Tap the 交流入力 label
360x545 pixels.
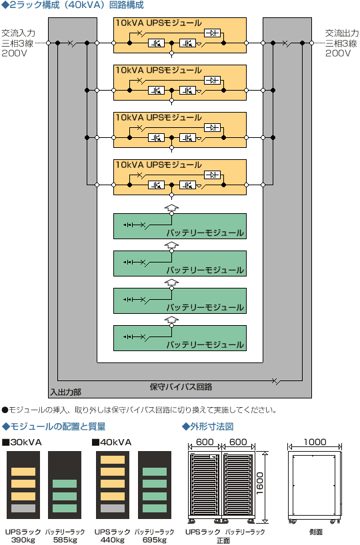(x=19, y=33)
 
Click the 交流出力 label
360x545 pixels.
(x=342, y=33)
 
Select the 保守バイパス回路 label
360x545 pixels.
(x=181, y=387)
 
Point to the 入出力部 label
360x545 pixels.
(x=66, y=392)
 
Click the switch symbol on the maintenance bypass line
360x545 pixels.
(x=277, y=381)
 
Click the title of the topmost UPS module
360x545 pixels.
(x=159, y=23)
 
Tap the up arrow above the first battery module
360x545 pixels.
(x=171, y=207)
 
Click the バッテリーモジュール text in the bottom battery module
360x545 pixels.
(x=205, y=344)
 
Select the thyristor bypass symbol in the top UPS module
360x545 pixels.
(x=212, y=33)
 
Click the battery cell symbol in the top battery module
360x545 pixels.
(x=128, y=225)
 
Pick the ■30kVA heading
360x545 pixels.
(x=22, y=442)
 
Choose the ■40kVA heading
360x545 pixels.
(x=111, y=442)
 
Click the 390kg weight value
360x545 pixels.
(x=23, y=540)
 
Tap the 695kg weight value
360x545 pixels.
(x=155, y=540)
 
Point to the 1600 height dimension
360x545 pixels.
(x=260, y=483)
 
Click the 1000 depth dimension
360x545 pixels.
(x=315, y=442)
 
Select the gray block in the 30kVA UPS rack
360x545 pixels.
(x=23, y=508)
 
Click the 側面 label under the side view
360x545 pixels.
(x=316, y=532)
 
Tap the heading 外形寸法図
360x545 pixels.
(x=208, y=426)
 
